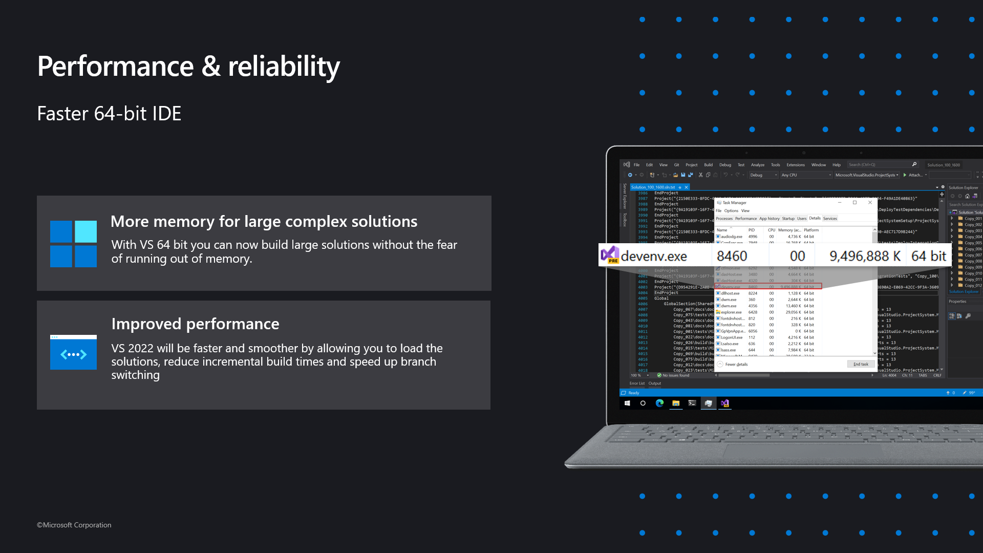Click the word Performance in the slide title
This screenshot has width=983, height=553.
click(x=116, y=67)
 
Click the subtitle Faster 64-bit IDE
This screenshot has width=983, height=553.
click(x=109, y=114)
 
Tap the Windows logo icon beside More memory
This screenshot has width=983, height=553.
click(x=73, y=244)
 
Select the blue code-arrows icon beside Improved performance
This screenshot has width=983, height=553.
click(x=73, y=353)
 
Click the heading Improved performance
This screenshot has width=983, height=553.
click(x=195, y=324)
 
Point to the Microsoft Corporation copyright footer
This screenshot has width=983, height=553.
click(x=74, y=525)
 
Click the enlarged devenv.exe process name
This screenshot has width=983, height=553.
click(x=654, y=256)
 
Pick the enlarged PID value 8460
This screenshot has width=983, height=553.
click(x=732, y=256)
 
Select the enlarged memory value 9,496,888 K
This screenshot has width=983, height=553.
click(x=865, y=256)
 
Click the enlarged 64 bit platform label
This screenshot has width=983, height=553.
click(x=929, y=256)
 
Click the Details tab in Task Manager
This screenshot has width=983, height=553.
click(x=815, y=218)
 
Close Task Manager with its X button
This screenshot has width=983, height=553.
click(x=870, y=203)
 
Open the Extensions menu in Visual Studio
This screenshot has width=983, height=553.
click(x=795, y=165)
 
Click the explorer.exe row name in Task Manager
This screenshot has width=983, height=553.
click(x=731, y=312)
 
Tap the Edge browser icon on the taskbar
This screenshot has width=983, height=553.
click(x=659, y=403)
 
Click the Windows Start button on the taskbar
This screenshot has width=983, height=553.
click(x=627, y=403)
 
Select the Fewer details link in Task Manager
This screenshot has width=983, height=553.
click(x=736, y=365)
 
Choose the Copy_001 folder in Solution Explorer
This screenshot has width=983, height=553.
click(x=973, y=219)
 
